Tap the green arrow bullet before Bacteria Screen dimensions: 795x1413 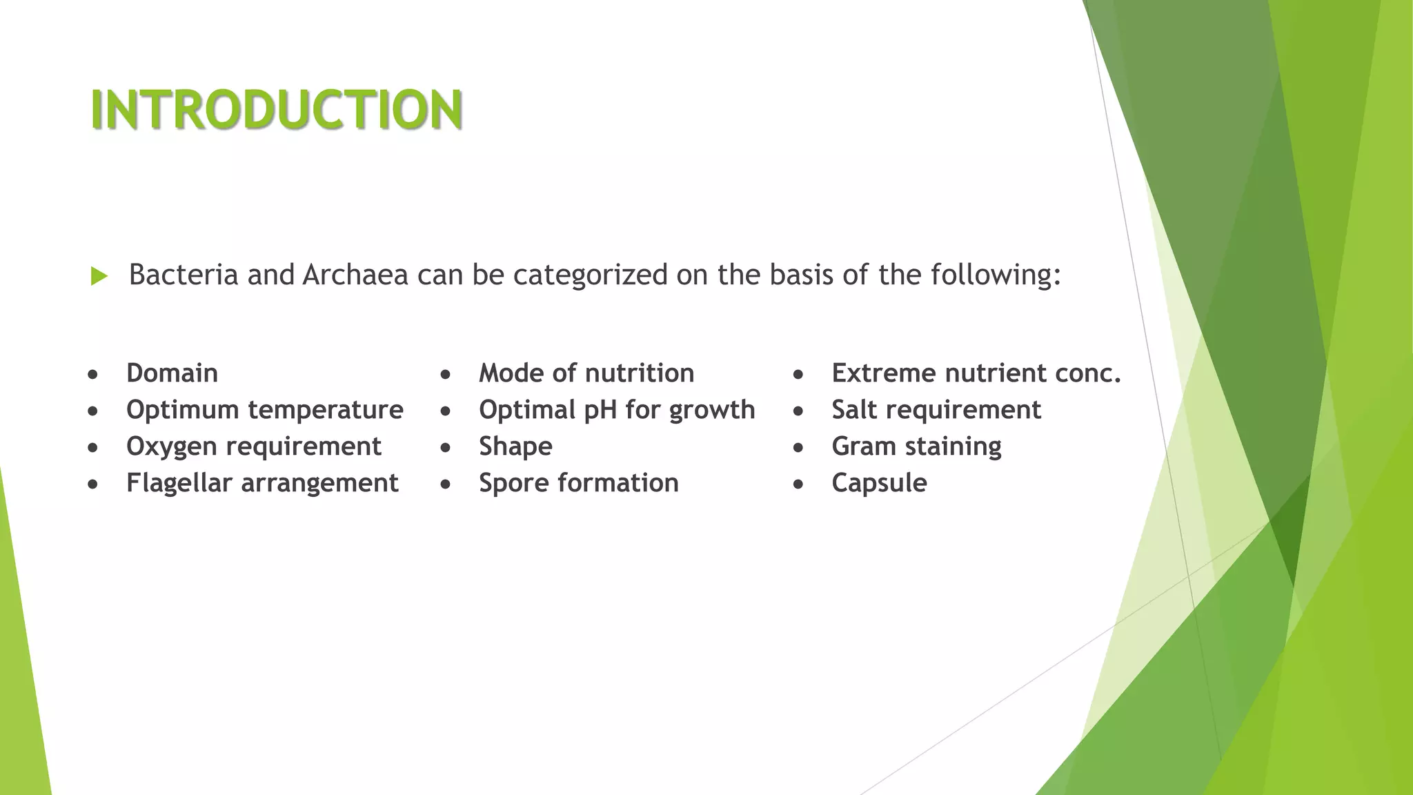click(99, 277)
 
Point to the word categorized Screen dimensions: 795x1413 click(590, 275)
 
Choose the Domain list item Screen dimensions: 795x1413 click(172, 373)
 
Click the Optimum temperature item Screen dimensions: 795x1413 click(264, 410)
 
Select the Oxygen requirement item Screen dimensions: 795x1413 click(253, 446)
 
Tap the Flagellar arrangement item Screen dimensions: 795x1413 click(262, 483)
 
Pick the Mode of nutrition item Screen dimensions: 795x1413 click(586, 373)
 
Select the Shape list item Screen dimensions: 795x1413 click(515, 446)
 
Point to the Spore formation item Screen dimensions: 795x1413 click(579, 483)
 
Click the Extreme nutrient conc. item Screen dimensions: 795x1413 click(976, 373)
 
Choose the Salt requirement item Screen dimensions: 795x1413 click(936, 410)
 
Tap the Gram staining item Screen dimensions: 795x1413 click(916, 446)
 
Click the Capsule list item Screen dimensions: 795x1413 click(879, 483)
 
